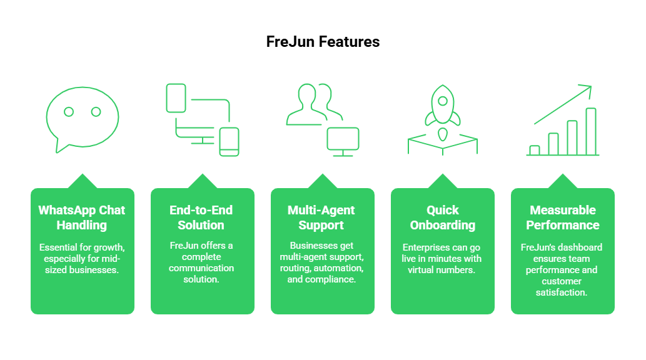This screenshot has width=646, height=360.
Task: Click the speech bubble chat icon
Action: click(x=83, y=119)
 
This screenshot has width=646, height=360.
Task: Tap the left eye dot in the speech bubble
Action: click(x=69, y=112)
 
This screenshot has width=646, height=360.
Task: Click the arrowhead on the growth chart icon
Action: click(x=587, y=89)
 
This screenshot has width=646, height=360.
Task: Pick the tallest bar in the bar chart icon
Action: click(x=590, y=131)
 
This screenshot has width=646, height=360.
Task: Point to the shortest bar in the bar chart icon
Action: click(x=534, y=150)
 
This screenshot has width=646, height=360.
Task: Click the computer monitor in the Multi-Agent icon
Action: click(x=343, y=140)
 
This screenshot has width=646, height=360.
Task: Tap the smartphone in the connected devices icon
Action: click(x=229, y=142)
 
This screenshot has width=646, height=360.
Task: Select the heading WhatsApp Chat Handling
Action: click(x=82, y=217)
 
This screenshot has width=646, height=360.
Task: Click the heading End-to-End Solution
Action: click(x=201, y=217)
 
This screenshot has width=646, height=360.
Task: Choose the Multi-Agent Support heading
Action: click(x=321, y=217)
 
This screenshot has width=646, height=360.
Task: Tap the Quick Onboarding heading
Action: click(x=443, y=217)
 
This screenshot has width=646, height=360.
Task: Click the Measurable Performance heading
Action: click(x=563, y=217)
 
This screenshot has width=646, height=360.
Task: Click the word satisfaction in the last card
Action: click(x=563, y=292)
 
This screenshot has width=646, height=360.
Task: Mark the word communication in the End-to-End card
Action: click(x=201, y=268)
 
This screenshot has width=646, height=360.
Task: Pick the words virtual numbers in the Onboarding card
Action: click(x=442, y=270)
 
